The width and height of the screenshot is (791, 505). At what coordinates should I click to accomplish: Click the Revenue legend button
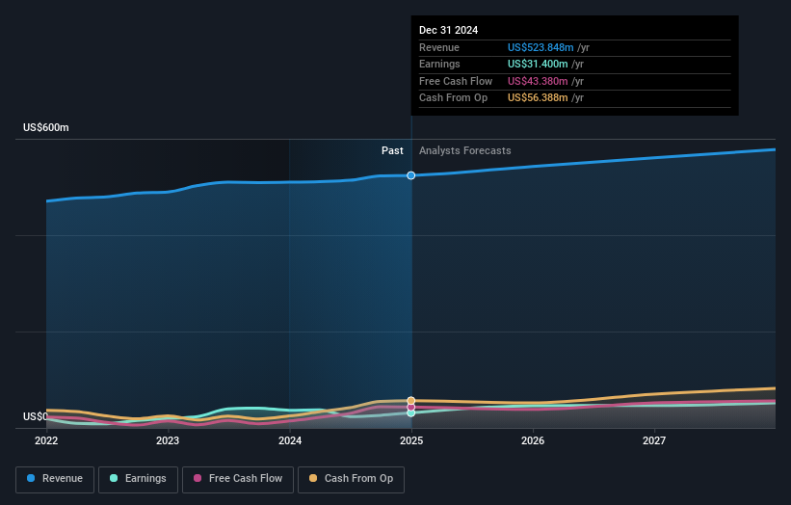[x=55, y=479]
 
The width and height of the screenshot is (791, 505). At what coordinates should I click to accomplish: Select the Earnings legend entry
[x=138, y=479]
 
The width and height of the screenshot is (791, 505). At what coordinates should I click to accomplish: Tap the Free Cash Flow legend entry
[x=236, y=479]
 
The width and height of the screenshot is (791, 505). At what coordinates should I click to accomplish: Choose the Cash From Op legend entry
[x=352, y=479]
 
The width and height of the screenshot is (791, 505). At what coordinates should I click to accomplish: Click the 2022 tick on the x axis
[x=46, y=441]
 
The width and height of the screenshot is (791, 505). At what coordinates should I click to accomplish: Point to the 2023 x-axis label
[x=168, y=441]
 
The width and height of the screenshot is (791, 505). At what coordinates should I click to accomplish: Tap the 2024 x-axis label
[x=290, y=441]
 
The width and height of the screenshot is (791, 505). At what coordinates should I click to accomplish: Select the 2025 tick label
[x=411, y=441]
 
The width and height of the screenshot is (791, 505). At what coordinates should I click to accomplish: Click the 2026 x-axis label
[x=533, y=441]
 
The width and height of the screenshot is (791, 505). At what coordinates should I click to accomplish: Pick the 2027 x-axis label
[x=654, y=441]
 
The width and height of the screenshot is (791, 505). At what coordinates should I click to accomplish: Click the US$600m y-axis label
[x=46, y=128]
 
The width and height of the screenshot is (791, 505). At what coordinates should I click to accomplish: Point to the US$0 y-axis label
[x=36, y=417]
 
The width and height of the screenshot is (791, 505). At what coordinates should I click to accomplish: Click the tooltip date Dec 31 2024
[x=448, y=31]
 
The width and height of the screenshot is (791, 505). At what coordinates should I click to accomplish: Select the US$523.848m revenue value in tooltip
[x=541, y=48]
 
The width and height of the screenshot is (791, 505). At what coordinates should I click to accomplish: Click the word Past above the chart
[x=392, y=151]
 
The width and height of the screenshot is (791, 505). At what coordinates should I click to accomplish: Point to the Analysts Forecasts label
[x=465, y=151]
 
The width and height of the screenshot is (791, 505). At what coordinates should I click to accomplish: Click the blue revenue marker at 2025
[x=411, y=175]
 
